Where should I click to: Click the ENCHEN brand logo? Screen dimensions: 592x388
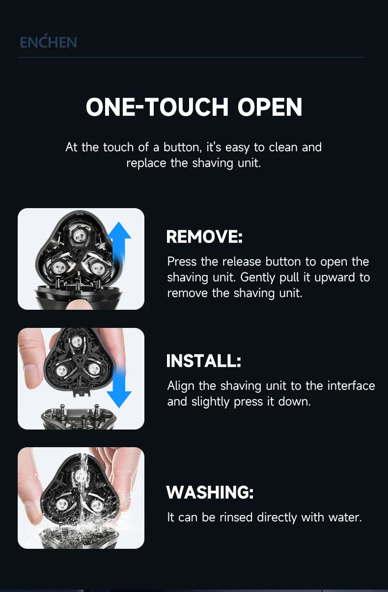tap(48, 42)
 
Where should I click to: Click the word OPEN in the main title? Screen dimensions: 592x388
tap(270, 107)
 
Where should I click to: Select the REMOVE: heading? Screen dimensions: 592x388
tap(204, 237)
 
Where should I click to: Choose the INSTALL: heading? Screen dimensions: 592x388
tap(204, 361)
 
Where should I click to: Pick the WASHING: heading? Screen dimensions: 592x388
tap(210, 492)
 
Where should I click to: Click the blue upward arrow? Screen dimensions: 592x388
tap(119, 245)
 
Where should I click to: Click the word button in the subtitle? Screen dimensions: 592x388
tap(182, 147)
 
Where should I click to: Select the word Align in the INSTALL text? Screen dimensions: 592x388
tap(182, 386)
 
